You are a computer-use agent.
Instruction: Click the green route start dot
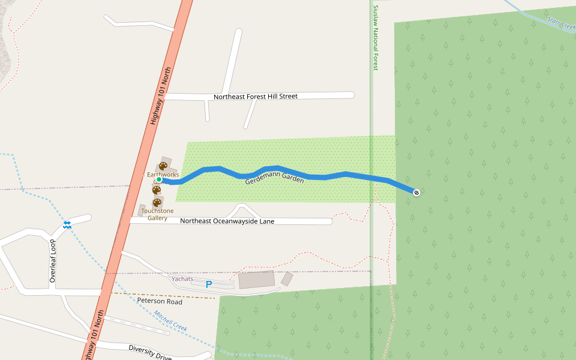159,179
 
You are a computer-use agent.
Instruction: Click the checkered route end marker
416,192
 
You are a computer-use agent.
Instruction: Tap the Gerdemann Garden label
274,180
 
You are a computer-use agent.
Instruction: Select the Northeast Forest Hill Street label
256,96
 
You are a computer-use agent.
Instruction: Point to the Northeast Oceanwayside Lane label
227,221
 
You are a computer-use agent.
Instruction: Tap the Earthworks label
163,175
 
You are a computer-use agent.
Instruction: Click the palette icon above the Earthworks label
163,166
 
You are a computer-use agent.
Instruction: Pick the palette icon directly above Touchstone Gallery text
157,203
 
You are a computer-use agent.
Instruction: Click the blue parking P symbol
209,284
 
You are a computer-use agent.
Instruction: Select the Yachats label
182,278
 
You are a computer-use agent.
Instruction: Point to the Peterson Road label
160,301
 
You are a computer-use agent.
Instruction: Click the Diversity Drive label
150,352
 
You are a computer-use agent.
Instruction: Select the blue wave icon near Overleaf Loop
67,224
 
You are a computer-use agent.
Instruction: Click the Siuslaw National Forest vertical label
376,38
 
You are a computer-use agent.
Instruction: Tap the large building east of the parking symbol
256,280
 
